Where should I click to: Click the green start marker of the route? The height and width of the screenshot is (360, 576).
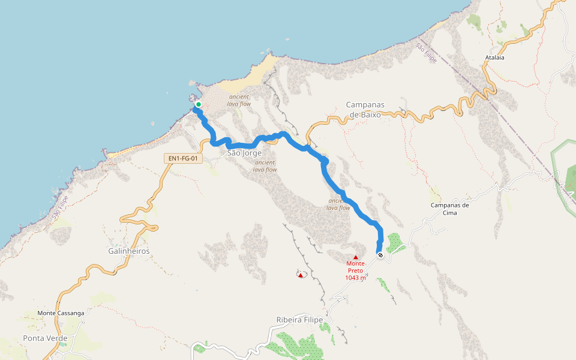point(198,104)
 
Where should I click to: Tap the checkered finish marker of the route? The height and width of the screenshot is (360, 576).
point(380,256)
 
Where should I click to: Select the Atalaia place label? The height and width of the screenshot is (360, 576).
point(495,58)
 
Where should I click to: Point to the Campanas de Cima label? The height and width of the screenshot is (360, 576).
point(450,208)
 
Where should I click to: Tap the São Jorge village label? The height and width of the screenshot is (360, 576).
point(245,153)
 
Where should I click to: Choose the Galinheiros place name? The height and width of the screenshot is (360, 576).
point(129,251)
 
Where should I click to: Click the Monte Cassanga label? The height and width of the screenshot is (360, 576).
point(61,313)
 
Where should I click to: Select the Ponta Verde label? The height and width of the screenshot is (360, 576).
point(45,338)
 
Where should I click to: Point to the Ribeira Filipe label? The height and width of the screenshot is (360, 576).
point(299,320)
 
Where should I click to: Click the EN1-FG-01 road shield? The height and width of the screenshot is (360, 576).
point(184,158)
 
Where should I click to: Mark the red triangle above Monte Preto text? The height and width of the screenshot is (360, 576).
point(355,257)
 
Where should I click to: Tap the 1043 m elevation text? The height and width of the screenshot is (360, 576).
point(355,278)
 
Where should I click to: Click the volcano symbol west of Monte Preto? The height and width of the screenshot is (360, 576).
point(301,275)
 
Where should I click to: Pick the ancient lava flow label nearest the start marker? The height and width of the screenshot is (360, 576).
point(239,100)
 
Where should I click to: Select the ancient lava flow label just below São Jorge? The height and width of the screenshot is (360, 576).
point(265,166)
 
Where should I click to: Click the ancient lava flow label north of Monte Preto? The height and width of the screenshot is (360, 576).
point(338,204)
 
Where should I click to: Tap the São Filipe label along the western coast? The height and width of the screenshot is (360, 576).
point(61,206)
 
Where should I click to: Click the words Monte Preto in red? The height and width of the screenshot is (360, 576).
point(355,267)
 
